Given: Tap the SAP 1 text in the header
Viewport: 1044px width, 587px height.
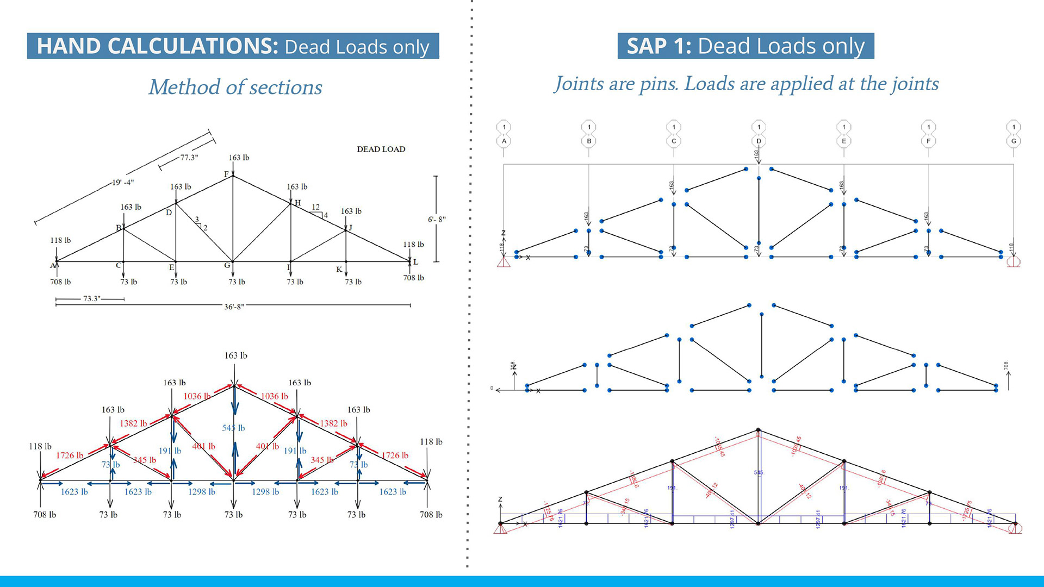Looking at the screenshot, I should coord(658,46).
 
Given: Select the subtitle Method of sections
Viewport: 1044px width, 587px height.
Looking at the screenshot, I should coord(235,87).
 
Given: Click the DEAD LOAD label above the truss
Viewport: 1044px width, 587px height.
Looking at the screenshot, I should coord(381,149).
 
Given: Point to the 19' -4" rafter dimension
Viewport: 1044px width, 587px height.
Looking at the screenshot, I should coord(123,183).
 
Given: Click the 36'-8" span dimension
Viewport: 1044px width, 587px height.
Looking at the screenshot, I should coord(234,307).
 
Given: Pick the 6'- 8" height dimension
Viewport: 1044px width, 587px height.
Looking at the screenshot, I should coord(437,220).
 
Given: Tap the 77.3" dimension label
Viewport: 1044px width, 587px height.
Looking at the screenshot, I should coord(189,158).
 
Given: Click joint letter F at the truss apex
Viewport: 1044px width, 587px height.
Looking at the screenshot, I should coord(227,174).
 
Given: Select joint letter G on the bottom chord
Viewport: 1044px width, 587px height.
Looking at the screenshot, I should coord(227,265).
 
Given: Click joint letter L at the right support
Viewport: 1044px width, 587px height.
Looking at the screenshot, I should coord(415,262).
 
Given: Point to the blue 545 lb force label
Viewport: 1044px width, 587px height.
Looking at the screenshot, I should coord(233,428).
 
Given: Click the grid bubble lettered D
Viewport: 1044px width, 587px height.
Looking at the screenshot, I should coord(759,141).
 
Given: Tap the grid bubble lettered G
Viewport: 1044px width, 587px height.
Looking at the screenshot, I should coord(1014,141).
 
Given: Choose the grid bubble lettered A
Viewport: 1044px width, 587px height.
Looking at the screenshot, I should coord(504,141).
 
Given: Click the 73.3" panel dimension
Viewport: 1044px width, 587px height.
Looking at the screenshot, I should coord(91,299).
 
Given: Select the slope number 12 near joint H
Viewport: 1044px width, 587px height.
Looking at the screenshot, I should coord(315,207).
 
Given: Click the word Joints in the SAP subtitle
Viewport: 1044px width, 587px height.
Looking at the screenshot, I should coord(579,84).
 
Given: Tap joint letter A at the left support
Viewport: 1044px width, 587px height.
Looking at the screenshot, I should coord(53,266).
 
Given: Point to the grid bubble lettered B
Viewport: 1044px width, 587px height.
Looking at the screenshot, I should coord(589,141).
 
